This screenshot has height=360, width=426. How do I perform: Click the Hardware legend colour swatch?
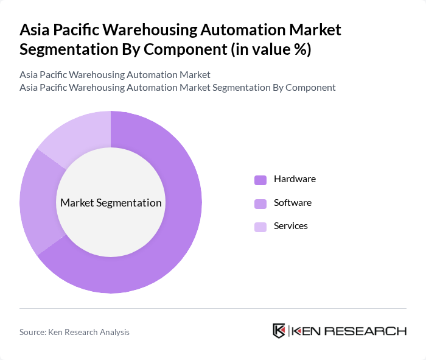(260, 180)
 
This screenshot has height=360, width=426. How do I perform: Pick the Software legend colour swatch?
(260, 203)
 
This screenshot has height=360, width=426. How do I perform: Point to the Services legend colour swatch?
(260, 227)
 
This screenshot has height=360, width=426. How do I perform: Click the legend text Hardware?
(295, 179)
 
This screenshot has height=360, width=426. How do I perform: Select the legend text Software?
(292, 202)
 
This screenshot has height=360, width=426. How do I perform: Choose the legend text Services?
(290, 225)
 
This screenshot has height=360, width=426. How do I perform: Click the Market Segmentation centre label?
(111, 203)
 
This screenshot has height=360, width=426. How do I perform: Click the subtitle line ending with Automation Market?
(115, 75)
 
